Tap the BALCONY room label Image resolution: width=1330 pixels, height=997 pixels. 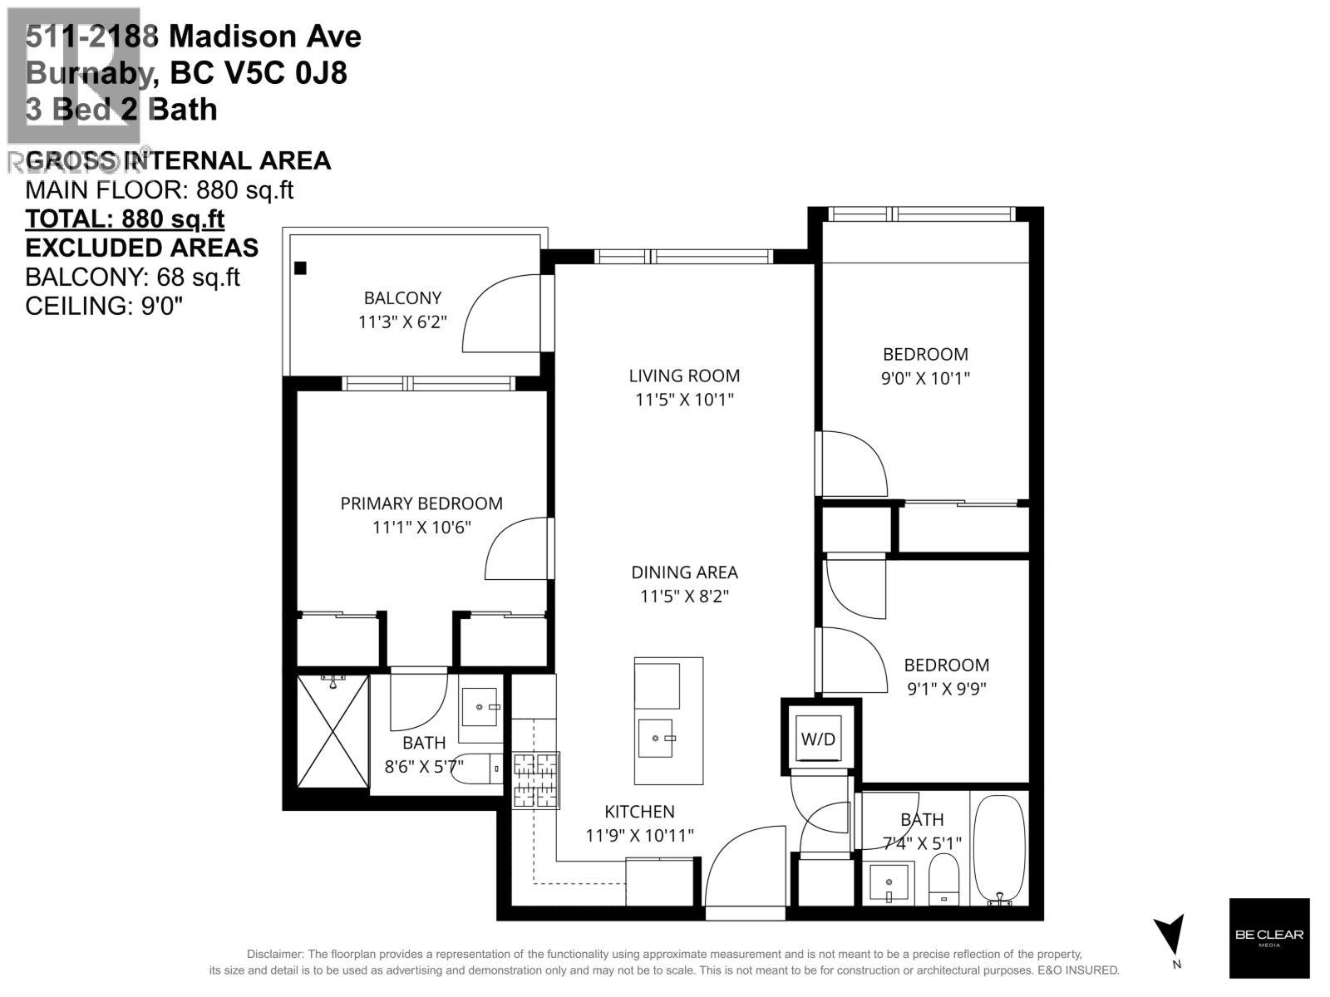click(x=402, y=297)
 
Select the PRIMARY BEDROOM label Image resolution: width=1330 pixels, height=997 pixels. click(x=421, y=503)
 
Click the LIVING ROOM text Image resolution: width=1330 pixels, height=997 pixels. click(x=684, y=376)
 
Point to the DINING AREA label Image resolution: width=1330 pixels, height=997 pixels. click(x=684, y=572)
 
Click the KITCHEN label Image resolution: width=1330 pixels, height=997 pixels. click(x=639, y=812)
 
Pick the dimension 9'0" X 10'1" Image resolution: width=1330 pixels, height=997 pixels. click(x=925, y=378)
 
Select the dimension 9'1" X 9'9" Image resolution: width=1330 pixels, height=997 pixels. click(x=946, y=689)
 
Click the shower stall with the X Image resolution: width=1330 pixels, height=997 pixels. click(x=332, y=730)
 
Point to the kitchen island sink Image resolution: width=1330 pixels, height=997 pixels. click(x=657, y=738)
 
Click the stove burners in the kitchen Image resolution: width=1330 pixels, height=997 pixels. click(x=536, y=780)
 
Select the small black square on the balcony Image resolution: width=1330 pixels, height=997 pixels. click(x=301, y=268)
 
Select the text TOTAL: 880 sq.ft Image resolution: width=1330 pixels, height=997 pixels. click(x=125, y=219)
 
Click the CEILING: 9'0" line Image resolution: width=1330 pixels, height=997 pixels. click(x=104, y=306)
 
